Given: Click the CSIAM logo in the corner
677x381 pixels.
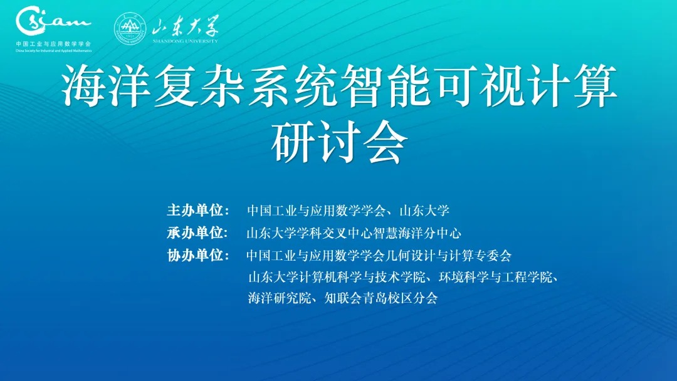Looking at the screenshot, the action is (53, 20).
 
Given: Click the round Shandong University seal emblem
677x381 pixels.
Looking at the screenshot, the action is (130, 28).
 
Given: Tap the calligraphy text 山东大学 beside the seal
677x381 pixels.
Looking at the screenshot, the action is (185, 26).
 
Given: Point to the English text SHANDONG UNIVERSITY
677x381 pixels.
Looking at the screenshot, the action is (185, 41).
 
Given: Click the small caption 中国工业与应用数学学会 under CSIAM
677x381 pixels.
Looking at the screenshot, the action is (53, 44).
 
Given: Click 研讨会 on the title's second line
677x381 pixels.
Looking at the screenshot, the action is (339, 141).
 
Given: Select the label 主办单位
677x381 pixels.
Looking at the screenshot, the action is (195, 210).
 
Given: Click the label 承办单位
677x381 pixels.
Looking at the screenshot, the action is (195, 233).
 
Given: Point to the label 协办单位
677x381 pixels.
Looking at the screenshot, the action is (195, 256).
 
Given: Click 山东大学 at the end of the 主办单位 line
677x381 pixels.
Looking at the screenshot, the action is (425, 211).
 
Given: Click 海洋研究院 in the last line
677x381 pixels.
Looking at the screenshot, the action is (280, 298).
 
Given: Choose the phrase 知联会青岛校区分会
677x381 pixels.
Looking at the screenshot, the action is (381, 298).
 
